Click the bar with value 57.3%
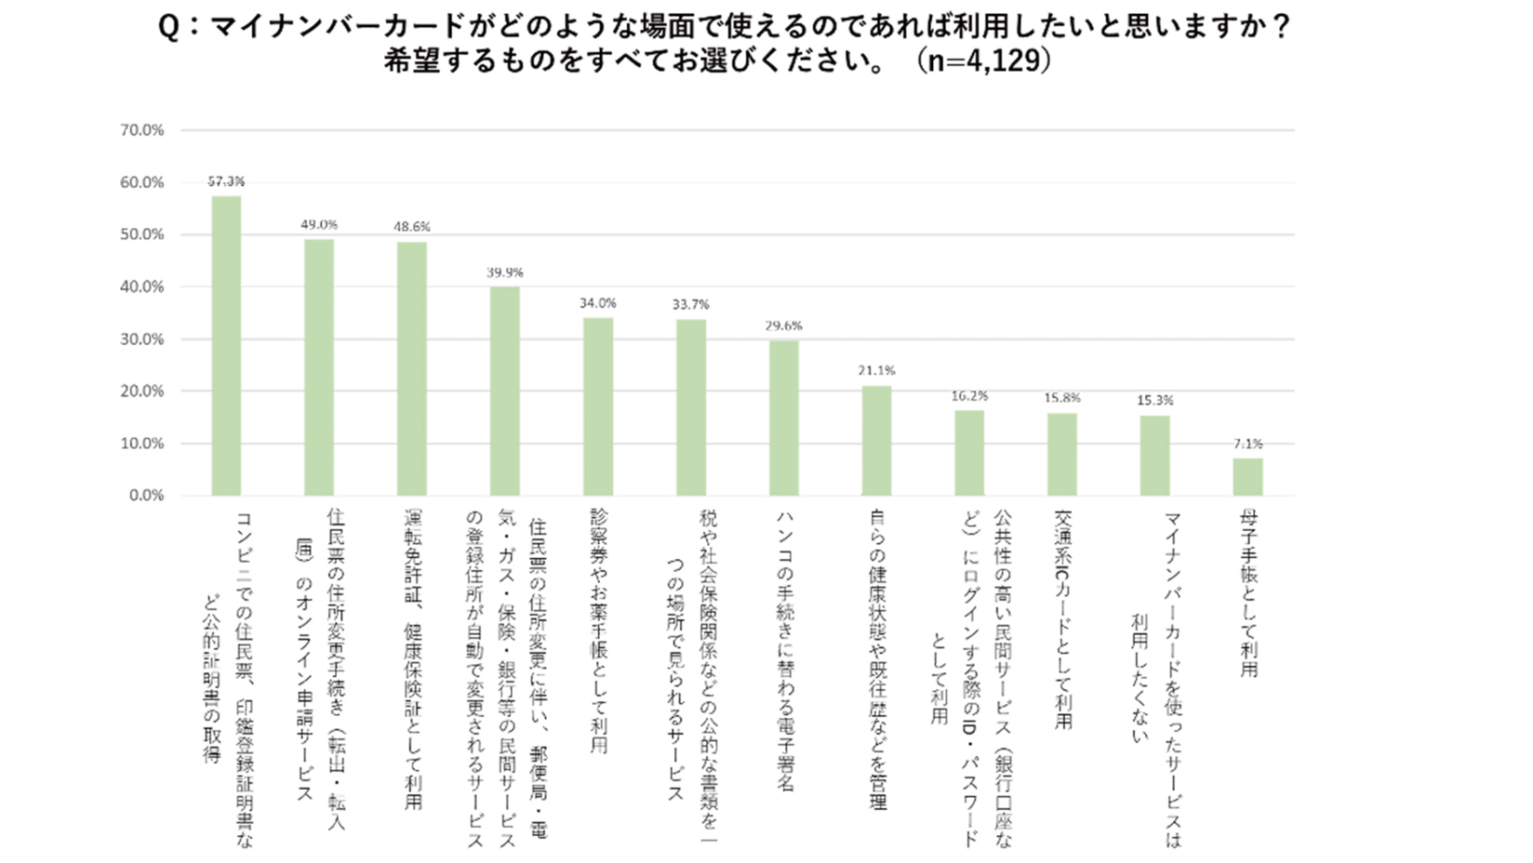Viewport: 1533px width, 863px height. coord(226,345)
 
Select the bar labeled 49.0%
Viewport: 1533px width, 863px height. coord(319,367)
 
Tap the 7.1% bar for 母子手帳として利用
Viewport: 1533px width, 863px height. coord(1247,476)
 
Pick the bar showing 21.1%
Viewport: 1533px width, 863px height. coord(876,440)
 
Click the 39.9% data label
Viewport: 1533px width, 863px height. coord(505,272)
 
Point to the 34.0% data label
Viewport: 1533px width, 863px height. coord(597,303)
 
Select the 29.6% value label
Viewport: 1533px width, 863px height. coord(783,325)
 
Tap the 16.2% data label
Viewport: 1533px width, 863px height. coord(969,396)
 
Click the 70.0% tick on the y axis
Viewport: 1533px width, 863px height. coord(142,130)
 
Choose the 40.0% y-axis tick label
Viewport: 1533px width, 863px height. coord(142,286)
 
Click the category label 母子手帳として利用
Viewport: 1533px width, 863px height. coord(1248,592)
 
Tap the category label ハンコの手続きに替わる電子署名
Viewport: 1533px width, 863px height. coord(784,651)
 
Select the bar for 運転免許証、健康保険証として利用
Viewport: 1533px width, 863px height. coord(412,368)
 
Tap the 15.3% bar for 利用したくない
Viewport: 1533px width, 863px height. coord(1154,455)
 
